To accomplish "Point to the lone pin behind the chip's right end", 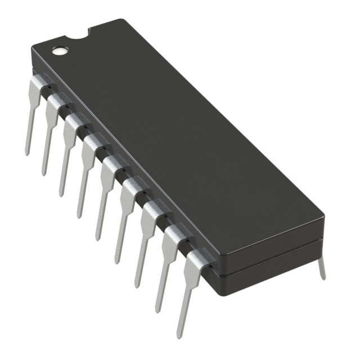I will tap(321, 267).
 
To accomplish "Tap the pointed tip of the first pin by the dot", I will tap(26, 153).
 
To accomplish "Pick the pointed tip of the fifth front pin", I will tap(97, 238).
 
